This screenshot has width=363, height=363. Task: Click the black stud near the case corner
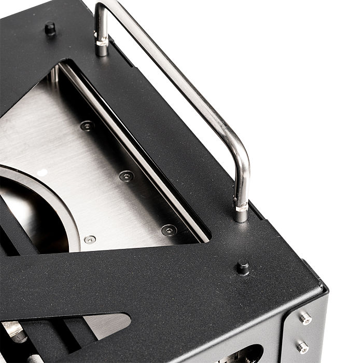(243, 267)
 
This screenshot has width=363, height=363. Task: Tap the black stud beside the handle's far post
(50, 28)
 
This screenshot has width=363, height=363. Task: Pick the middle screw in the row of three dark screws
(127, 176)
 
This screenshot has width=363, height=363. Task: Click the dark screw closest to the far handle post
(87, 125)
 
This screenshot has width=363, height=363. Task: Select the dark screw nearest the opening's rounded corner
(169, 230)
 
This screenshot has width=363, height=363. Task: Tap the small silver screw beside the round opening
(90, 240)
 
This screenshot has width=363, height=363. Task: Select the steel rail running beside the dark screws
(135, 150)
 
